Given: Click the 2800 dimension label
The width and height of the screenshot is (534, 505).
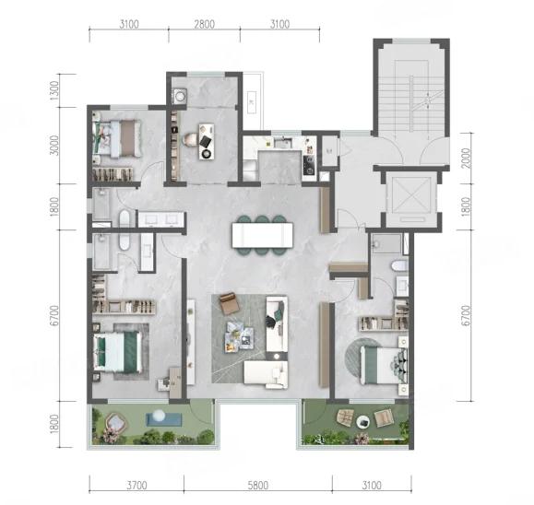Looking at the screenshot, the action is [x=205, y=24].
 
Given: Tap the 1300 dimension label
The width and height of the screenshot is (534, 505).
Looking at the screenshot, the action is [x=54, y=90].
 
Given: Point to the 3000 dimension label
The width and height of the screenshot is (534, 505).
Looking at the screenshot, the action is [x=54, y=146].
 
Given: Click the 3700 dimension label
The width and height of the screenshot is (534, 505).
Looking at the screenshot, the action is [x=136, y=485].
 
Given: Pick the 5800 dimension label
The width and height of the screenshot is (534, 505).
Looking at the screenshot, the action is [x=258, y=485].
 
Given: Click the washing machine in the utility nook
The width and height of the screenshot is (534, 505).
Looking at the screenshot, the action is [x=180, y=96].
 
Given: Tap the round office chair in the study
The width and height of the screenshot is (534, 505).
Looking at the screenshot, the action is [x=190, y=139].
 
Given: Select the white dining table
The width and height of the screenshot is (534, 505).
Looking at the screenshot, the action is [x=262, y=235].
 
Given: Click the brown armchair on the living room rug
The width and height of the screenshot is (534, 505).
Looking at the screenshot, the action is [x=230, y=303].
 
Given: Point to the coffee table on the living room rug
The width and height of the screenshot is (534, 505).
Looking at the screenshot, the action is [x=239, y=335].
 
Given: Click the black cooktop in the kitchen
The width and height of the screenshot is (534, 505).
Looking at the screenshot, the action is [x=309, y=164].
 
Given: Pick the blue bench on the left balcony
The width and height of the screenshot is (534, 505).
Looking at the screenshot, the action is [x=163, y=419].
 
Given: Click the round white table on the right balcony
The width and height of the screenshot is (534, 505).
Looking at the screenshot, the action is [x=363, y=422].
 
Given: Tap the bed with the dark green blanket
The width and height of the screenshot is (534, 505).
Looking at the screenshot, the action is [x=118, y=352].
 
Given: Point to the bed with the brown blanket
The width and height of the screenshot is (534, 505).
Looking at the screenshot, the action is [x=120, y=138].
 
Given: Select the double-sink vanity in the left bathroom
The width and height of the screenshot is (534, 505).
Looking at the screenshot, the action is [x=160, y=219].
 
